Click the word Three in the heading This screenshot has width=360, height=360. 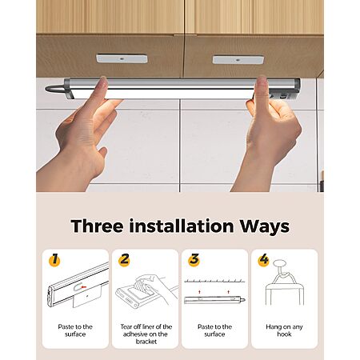coord(97,226)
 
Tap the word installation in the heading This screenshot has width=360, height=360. coord(182,226)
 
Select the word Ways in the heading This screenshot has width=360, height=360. coord(265,226)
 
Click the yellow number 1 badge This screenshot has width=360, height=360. coord(54,259)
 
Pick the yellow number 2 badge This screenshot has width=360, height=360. coord(124,259)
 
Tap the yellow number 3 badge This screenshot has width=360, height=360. coord(194,259)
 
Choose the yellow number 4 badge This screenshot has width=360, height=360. coord(264,259)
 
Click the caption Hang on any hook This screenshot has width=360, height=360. coord(284,330)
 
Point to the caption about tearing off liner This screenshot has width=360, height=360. coord(146,334)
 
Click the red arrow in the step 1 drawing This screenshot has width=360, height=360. coord(84,287)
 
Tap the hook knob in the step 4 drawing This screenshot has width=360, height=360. coord(279,264)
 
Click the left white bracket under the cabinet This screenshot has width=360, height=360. coord(122,58)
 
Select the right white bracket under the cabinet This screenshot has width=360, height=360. coord(238,59)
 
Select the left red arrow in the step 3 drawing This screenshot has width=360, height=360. coord(199,292)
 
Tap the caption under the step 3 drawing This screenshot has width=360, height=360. coord(214,330)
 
